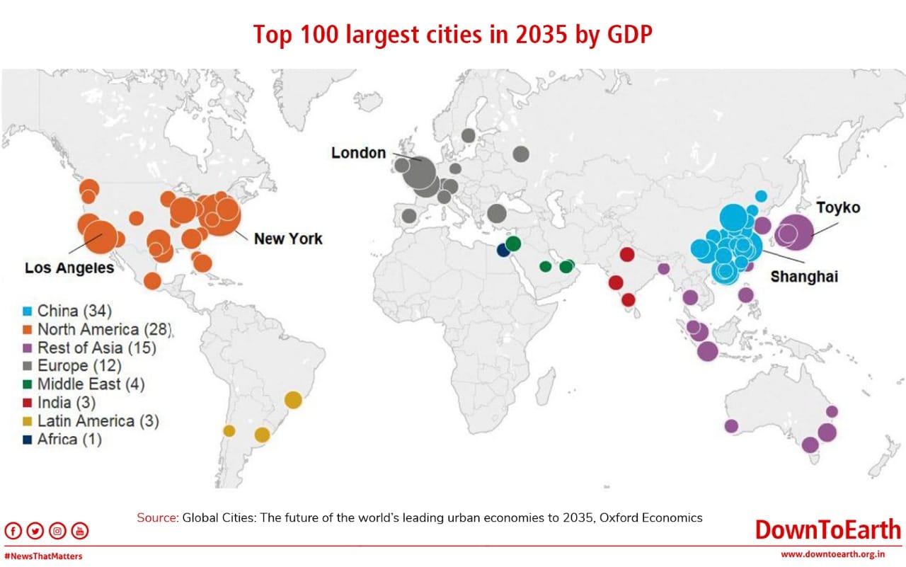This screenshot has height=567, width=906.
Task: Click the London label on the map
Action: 358,153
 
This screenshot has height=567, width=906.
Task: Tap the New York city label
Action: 288,239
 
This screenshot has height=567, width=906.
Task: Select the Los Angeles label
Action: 69,268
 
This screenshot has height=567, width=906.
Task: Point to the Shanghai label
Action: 804,277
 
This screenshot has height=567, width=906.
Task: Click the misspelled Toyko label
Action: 838,207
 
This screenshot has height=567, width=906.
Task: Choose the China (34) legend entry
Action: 67,311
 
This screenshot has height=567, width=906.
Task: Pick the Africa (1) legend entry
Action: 62,439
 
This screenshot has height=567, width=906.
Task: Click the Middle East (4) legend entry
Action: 84,384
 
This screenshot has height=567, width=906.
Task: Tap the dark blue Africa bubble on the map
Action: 503,251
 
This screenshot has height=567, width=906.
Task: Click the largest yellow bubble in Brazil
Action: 293,400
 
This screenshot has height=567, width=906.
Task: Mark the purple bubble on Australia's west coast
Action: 731,426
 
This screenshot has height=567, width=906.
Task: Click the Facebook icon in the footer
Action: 13,531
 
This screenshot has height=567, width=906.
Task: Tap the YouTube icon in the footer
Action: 80,531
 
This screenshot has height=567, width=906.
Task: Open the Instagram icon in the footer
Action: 57,531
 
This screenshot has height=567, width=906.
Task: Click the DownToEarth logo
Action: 828,529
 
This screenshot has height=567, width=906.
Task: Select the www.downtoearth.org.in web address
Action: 833,554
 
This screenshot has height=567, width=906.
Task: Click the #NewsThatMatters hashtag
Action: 43,556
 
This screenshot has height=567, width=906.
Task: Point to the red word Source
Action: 158,517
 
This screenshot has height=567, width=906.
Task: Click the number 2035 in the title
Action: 541,35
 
